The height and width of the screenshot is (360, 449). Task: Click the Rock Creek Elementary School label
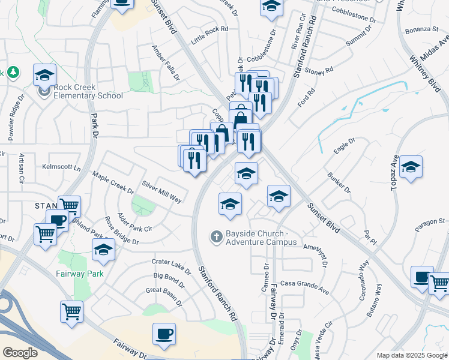(88, 91)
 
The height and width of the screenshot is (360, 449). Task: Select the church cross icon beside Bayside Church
(217, 237)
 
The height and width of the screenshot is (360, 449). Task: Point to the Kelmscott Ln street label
(61, 167)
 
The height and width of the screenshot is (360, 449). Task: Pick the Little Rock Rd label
(210, 36)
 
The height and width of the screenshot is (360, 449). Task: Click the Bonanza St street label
(422, 29)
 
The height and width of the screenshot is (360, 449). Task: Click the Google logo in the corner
(20, 353)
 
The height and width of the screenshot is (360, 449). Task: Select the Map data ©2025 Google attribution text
(411, 355)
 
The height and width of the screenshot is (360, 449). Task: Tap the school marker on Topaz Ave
(411, 167)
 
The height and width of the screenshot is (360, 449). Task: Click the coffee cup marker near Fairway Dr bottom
(164, 334)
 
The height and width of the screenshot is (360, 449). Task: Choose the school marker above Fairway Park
(104, 250)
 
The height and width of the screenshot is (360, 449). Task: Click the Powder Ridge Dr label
(14, 118)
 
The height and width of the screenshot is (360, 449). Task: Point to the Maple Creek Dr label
(112, 183)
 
